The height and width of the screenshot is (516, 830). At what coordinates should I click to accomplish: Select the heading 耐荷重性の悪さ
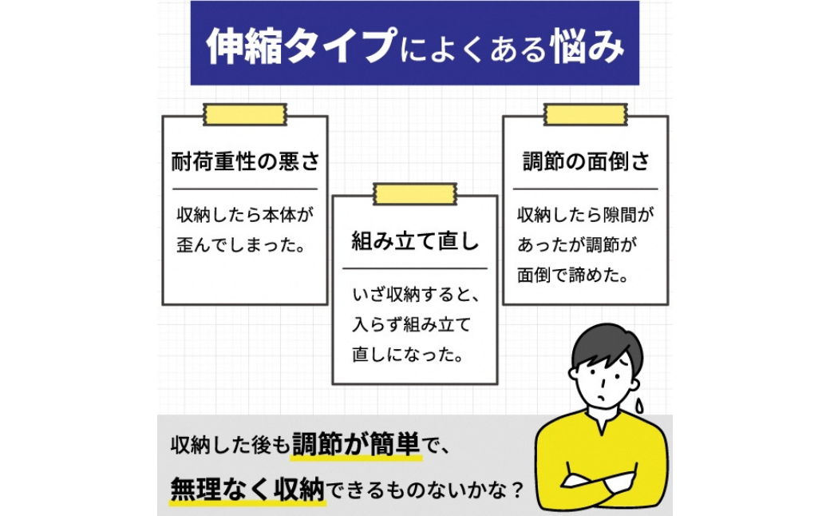(x=245, y=163)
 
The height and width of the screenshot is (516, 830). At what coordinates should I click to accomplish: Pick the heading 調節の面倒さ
(x=585, y=162)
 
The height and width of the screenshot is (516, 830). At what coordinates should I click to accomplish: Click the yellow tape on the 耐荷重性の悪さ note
(x=244, y=114)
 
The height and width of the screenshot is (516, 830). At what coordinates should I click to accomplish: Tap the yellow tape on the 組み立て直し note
(x=414, y=193)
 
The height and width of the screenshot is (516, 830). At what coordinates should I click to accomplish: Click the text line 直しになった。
(x=408, y=353)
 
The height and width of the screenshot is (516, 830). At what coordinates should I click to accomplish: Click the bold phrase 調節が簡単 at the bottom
(x=356, y=444)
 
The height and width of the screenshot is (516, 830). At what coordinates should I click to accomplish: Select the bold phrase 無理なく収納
(x=248, y=486)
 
